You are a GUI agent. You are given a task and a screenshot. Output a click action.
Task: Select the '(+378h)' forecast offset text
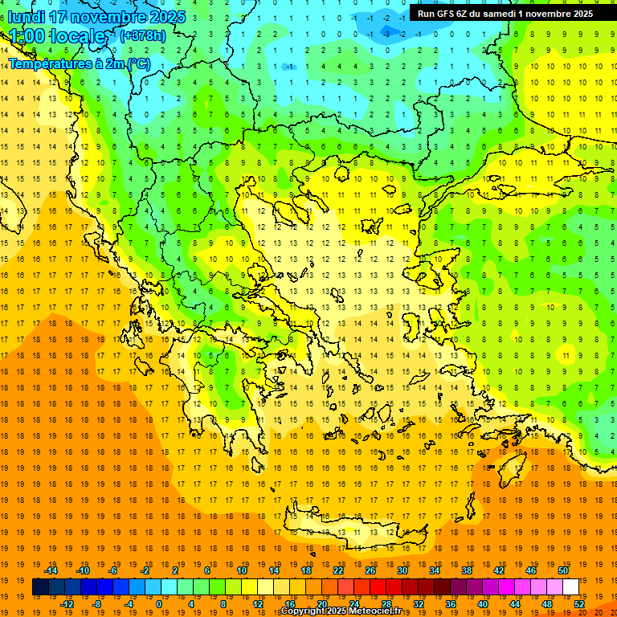click(142, 36)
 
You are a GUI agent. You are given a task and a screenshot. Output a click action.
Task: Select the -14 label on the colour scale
click(54, 570)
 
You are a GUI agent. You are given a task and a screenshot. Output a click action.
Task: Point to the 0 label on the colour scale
click(158, 603)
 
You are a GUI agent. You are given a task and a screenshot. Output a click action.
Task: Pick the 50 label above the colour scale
click(562, 570)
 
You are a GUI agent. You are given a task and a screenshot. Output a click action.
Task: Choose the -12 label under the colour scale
click(67, 603)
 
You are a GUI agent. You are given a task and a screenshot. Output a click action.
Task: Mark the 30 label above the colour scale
click(402, 570)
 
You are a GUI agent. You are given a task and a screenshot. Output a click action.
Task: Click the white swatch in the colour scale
click(570, 587)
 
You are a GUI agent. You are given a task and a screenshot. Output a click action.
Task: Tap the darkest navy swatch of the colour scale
click(40, 587)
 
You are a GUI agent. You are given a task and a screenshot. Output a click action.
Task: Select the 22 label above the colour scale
click(338, 570)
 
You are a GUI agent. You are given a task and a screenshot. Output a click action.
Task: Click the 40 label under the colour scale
click(483, 603)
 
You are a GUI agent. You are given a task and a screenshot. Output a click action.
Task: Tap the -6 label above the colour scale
click(113, 570)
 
